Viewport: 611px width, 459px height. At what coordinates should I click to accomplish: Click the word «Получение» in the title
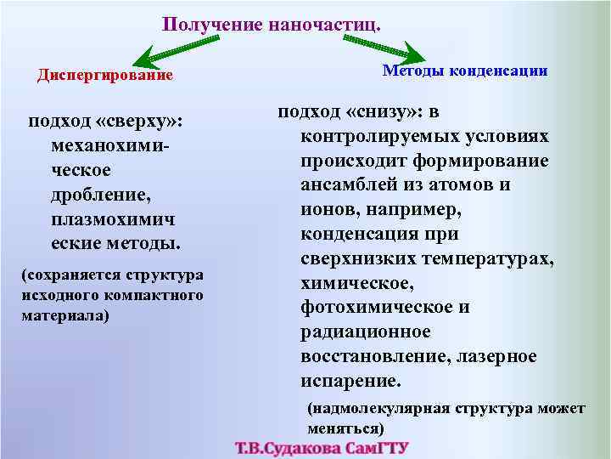[x=213, y=25]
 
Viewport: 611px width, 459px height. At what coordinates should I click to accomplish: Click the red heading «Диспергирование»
[x=105, y=76]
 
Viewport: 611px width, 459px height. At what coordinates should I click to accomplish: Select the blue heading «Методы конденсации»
[x=465, y=71]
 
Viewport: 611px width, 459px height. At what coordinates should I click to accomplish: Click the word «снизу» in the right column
[x=384, y=112]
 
